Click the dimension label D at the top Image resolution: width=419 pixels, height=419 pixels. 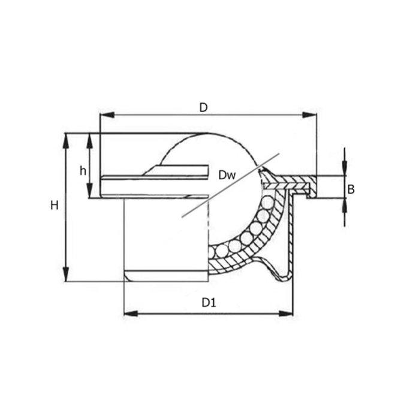coord(203,107)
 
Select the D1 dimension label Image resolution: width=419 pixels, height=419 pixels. coord(208,303)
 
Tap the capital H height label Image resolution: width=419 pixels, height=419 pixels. coord(54,206)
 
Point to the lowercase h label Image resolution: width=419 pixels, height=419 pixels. coord(83,171)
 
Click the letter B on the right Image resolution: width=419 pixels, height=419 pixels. coord(351,189)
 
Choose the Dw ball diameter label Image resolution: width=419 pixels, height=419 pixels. coord(227,175)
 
